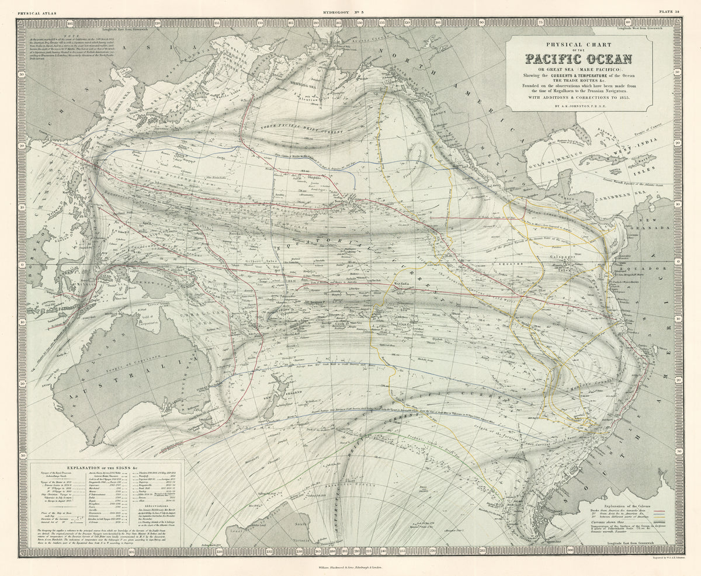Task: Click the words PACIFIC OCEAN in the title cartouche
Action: pyautogui.click(x=578, y=59)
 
